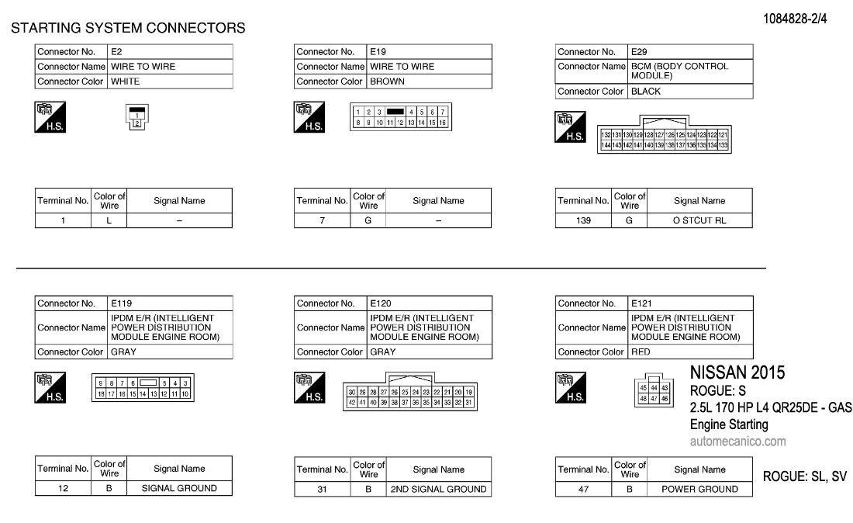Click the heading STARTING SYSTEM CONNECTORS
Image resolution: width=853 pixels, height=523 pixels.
click(128, 29)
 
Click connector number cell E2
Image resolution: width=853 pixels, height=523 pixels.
click(169, 52)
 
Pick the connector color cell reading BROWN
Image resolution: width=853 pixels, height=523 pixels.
click(428, 81)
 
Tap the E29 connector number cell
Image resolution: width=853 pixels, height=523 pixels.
click(689, 52)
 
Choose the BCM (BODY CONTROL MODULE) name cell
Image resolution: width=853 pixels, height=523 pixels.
click(689, 71)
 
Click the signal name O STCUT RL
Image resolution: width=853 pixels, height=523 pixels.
click(699, 220)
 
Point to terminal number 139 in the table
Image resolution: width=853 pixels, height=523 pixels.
click(583, 220)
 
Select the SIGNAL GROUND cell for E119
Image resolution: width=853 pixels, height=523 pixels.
click(179, 489)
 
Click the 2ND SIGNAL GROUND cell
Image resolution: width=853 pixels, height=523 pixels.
click(438, 490)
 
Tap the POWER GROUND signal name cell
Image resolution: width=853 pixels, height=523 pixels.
click(699, 490)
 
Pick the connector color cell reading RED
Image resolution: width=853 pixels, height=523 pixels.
click(689, 352)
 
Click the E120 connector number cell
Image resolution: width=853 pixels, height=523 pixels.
click(428, 303)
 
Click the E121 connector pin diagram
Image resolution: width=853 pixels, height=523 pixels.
click(654, 393)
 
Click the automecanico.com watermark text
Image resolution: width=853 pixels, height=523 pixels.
click(737, 442)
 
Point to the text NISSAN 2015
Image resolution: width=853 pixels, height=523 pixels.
click(737, 373)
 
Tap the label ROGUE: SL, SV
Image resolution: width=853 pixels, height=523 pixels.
click(805, 477)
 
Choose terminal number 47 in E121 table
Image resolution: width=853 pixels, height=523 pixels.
click(583, 490)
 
